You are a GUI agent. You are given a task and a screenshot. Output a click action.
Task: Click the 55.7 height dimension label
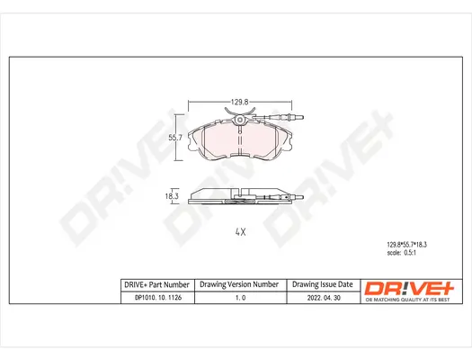tap(176, 137)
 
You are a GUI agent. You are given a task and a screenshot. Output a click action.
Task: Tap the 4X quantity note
tap(239, 232)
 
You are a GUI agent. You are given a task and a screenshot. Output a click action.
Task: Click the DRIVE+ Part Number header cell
tap(155, 284)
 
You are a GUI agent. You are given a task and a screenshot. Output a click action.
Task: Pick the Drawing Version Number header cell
tap(239, 284)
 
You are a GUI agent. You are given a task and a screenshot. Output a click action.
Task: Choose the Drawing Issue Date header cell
tap(321, 284)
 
